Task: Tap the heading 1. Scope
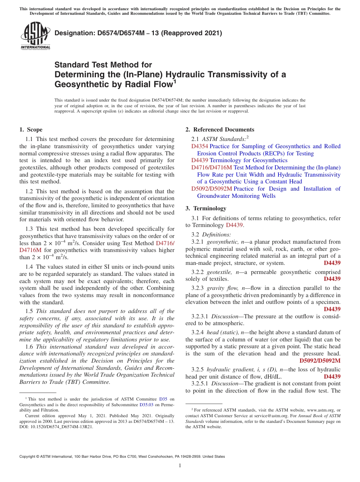point(31,130)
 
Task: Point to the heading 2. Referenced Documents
point(220,130)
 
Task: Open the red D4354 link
point(199,146)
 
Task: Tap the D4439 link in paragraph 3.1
point(234,225)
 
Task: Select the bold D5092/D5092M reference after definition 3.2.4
point(320,360)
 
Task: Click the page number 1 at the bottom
point(180,465)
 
